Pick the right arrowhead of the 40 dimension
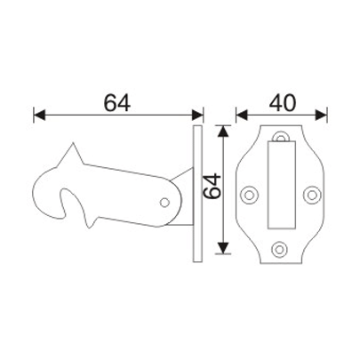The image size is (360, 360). click(321, 115)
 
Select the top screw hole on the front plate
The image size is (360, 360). click(281, 139)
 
